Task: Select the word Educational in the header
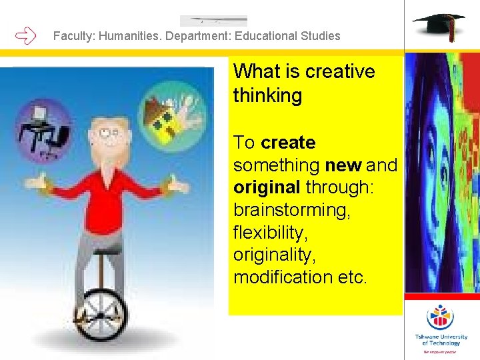[x=266, y=36]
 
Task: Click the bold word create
[x=288, y=143]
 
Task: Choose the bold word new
[x=344, y=165]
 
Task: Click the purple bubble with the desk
[x=45, y=131]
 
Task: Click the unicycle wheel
[x=101, y=313]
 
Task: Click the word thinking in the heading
[x=267, y=95]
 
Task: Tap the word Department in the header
[x=195, y=36]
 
